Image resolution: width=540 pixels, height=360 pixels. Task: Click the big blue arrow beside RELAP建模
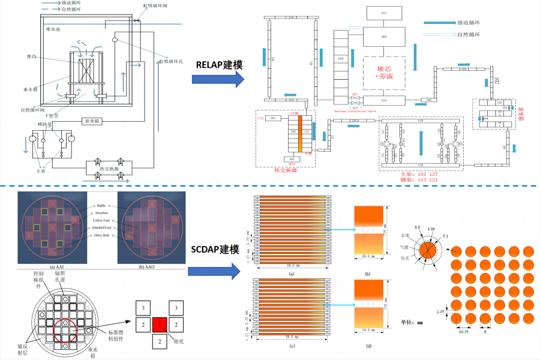pyautogui.click(x=218, y=79)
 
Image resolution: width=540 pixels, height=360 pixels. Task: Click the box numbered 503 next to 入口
pyautogui.click(x=274, y=119)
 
